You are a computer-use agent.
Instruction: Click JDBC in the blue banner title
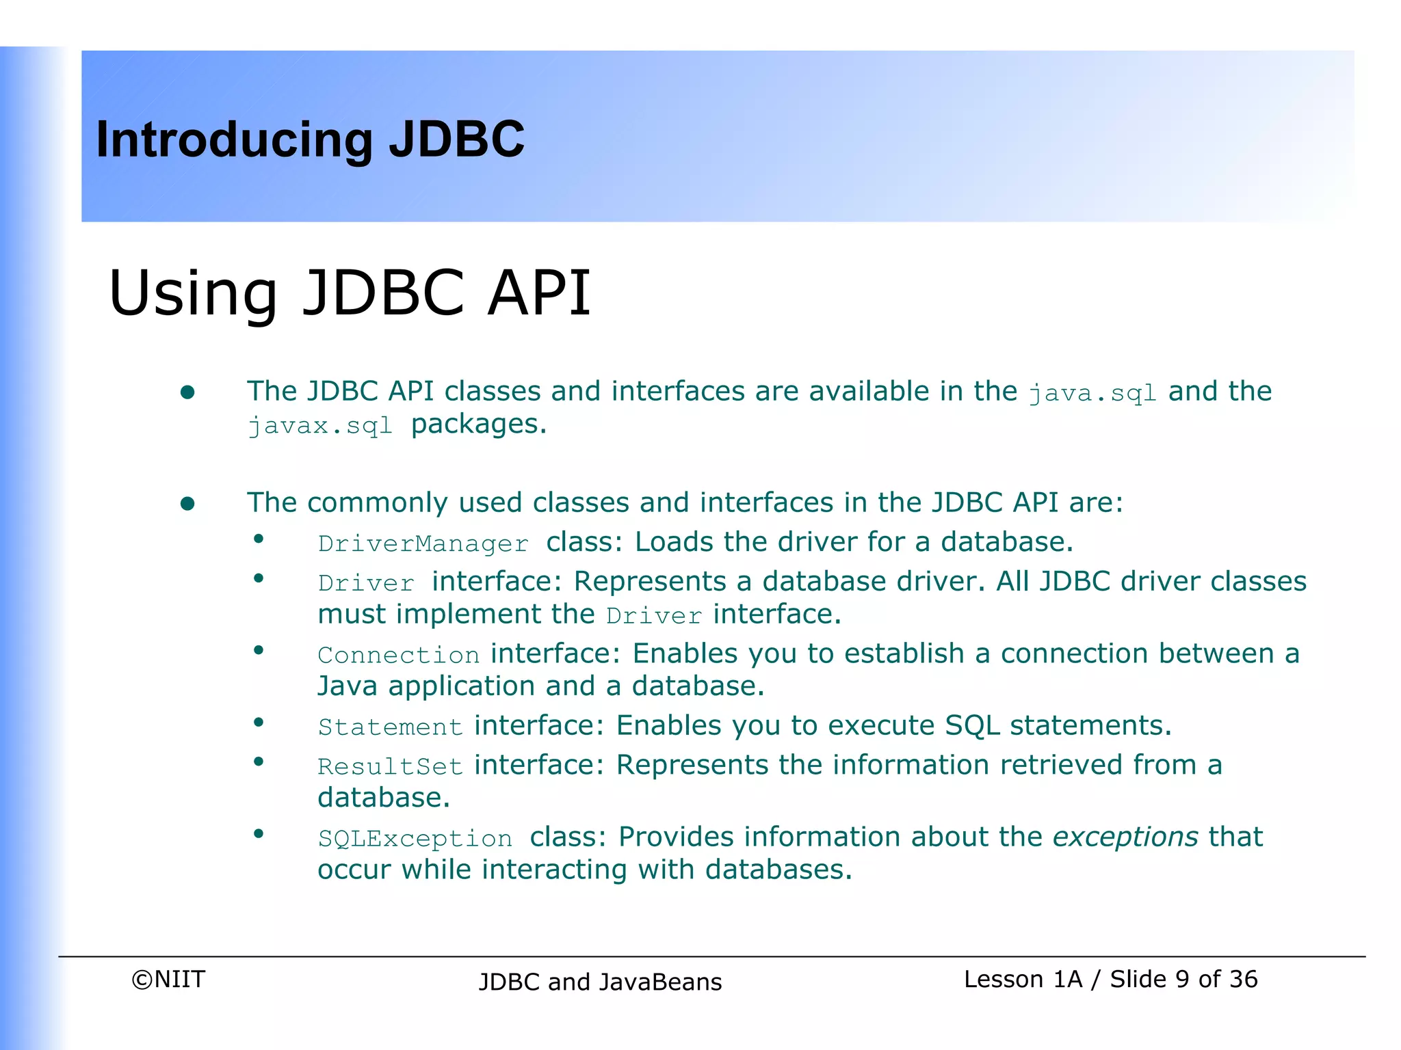coord(456,140)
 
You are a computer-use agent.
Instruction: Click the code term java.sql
coord(1092,393)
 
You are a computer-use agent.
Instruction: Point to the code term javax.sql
coord(320,426)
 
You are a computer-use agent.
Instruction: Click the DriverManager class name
coord(423,544)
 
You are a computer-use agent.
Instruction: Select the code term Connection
coord(399,656)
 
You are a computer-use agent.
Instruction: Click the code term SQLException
coord(415,839)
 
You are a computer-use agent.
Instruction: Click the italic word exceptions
coord(1125,837)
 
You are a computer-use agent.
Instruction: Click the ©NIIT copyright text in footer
coord(168,979)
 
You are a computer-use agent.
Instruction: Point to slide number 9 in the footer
coord(1182,979)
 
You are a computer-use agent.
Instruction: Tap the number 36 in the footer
coord(1243,979)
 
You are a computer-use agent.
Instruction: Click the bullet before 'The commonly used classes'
coord(187,504)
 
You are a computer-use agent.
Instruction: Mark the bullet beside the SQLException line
coord(259,833)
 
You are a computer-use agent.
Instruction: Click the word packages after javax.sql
coord(478,425)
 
